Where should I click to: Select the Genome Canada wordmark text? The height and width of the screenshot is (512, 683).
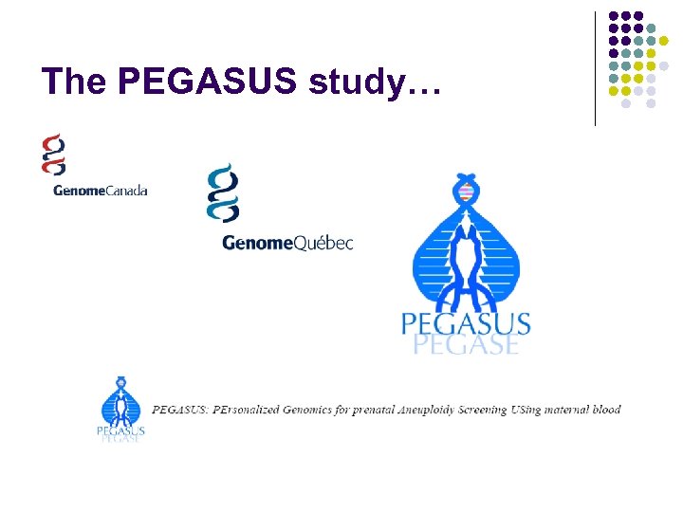pyautogui.click(x=100, y=190)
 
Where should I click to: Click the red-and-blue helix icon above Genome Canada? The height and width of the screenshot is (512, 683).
pyautogui.click(x=54, y=154)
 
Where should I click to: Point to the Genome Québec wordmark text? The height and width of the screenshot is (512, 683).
pyautogui.click(x=286, y=243)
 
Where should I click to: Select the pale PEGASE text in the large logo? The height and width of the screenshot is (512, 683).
pyautogui.click(x=466, y=343)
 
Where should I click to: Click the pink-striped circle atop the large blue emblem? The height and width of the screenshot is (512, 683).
pyautogui.click(x=465, y=193)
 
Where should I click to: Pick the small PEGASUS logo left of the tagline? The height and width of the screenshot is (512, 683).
pyautogui.click(x=121, y=410)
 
